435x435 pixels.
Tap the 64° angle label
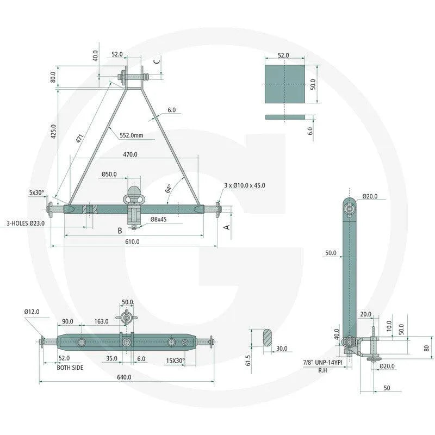(x=169, y=189)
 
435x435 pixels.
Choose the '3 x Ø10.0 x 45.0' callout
(x=245, y=185)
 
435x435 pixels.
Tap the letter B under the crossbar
(x=120, y=231)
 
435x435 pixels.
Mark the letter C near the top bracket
(x=157, y=61)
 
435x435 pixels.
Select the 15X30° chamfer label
(x=175, y=360)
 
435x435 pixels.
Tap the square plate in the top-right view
(x=283, y=84)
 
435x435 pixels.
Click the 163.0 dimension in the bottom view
(x=101, y=322)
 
